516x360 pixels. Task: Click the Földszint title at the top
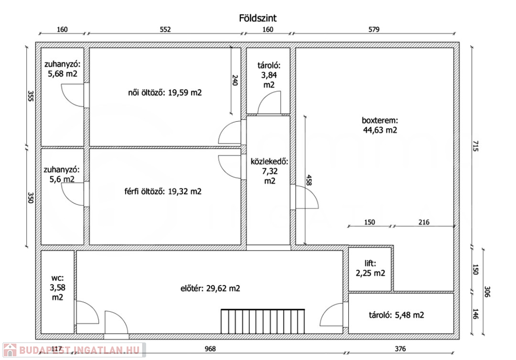click(x=257, y=18)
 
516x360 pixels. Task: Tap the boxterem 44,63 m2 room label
click(x=380, y=125)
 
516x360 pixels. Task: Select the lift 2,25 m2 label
click(x=370, y=268)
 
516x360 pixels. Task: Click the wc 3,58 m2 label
click(x=57, y=287)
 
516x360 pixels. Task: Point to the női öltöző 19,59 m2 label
click(x=165, y=93)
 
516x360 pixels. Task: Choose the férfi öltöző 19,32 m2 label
click(x=163, y=191)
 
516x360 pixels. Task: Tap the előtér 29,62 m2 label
click(x=210, y=289)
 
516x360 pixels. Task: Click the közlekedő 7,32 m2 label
click(x=270, y=171)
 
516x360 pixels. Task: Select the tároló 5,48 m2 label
click(x=397, y=315)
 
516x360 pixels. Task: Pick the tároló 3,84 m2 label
click(x=269, y=76)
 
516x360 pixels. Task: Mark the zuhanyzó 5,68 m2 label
click(x=62, y=69)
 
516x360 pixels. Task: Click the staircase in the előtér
click(x=263, y=321)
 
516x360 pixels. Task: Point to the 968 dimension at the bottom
click(x=210, y=349)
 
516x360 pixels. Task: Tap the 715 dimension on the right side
click(x=475, y=146)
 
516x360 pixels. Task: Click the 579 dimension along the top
click(x=374, y=29)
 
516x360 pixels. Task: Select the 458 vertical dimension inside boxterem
click(x=309, y=180)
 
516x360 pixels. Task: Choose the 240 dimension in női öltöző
click(x=235, y=80)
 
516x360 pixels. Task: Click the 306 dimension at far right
click(x=487, y=292)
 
